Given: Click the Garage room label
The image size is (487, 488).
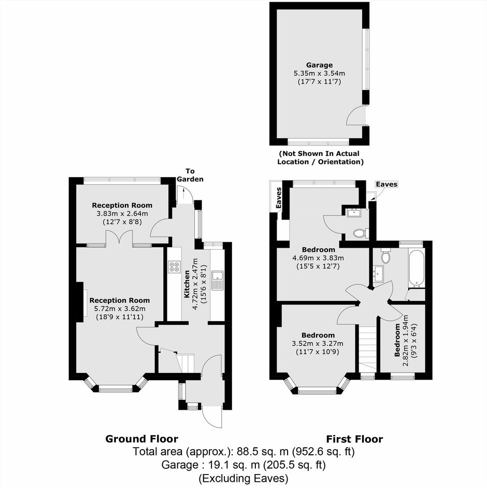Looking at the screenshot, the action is (319, 65).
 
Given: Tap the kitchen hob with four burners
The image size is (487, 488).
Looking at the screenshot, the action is (174, 267).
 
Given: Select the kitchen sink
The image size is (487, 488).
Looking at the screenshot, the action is (217, 280).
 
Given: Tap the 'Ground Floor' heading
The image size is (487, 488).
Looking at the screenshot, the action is (141, 439).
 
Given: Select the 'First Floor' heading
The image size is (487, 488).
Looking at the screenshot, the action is (354, 439).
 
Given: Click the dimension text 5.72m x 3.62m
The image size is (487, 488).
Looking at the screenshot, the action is (120, 309).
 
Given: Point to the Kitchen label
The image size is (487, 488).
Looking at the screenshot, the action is (187, 284).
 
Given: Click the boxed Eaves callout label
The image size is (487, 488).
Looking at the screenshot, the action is (386, 184).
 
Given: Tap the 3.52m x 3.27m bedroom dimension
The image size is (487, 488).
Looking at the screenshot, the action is (318, 343).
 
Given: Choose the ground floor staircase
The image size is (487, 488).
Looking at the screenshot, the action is (185, 363).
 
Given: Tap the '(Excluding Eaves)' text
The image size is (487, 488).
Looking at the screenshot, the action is (244, 478).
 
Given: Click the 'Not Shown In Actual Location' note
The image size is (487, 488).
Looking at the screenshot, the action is (320, 157).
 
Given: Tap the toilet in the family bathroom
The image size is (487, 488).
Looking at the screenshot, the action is (386, 256).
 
